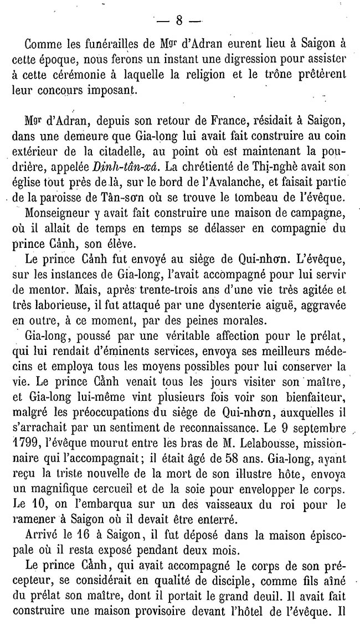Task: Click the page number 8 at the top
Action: click(179, 21)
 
